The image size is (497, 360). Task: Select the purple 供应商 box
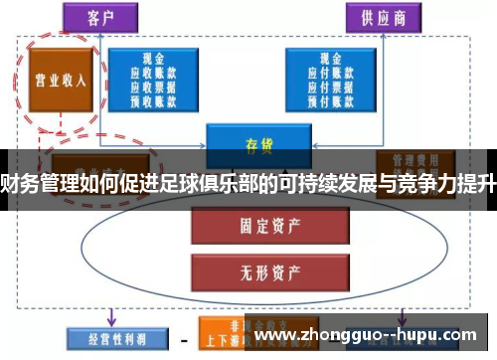377,18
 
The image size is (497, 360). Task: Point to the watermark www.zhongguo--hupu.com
369,336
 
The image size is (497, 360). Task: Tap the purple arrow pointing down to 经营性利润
110,316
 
